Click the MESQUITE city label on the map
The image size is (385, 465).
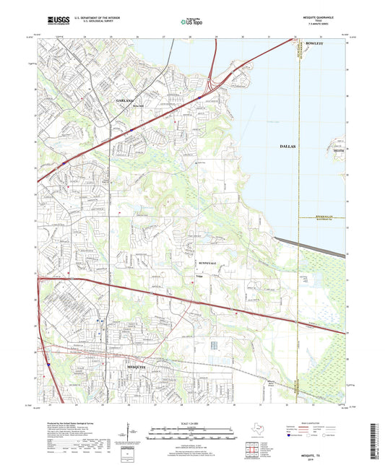click(x=131, y=368)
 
